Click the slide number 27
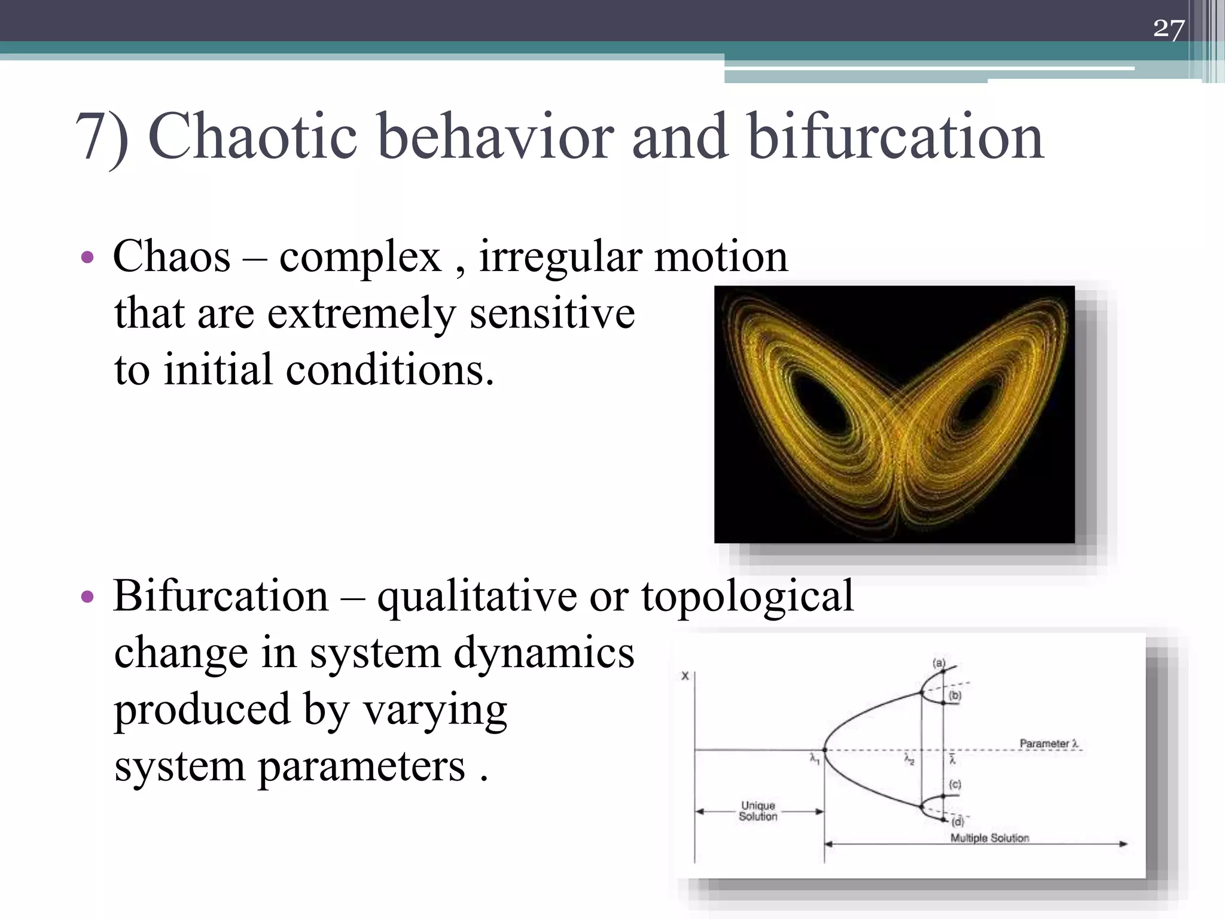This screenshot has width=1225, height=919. [1168, 28]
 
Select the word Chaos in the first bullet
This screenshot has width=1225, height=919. [172, 257]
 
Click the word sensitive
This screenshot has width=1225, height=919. [551, 313]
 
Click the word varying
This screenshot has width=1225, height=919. [435, 710]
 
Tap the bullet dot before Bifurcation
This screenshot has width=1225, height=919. [87, 597]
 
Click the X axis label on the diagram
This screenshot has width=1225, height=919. [685, 676]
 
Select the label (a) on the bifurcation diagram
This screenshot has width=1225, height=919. [938, 663]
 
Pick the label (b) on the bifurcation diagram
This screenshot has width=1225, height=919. [955, 695]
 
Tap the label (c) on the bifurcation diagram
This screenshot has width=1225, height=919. [955, 784]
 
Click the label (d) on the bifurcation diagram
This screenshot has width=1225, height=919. [958, 821]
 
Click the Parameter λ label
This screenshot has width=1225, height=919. [1049, 743]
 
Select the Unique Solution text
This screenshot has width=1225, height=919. [758, 811]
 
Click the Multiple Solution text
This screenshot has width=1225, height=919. [989, 838]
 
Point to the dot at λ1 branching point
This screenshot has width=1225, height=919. [825, 750]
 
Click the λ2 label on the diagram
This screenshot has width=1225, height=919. [909, 760]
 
